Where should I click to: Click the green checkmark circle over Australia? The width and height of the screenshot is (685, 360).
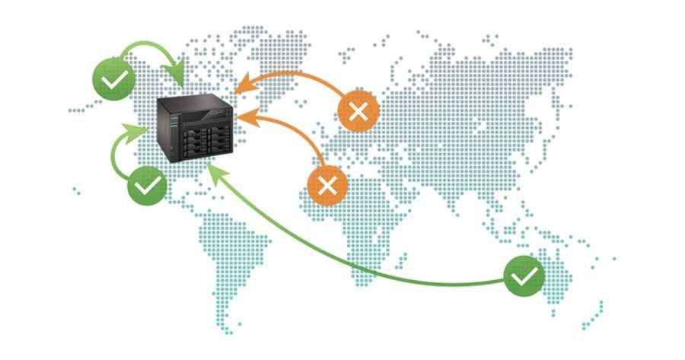coord(524,276)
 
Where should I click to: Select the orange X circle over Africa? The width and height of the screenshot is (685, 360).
coord(328,185)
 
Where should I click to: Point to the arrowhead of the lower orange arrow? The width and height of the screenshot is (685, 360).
coord(244,119)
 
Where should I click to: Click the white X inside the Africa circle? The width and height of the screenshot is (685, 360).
coord(328,185)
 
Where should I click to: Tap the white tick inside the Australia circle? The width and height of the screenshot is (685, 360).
coord(524,276)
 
